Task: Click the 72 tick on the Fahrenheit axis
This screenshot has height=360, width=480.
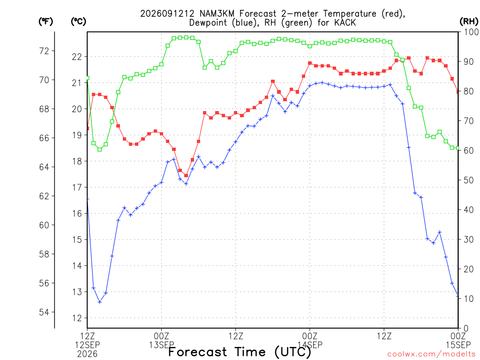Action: pyautogui.click(x=44, y=51)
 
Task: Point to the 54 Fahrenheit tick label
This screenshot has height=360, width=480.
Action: pyautogui.click(x=44, y=312)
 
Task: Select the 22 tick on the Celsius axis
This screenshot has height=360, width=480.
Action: pyautogui.click(x=77, y=57)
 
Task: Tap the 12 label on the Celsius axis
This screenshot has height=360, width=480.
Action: pyautogui.click(x=77, y=318)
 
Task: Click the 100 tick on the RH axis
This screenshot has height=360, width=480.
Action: pyautogui.click(x=471, y=32)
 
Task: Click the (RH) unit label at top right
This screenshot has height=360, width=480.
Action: pyautogui.click(x=469, y=21)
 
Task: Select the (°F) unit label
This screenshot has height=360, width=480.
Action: pyautogui.click(x=45, y=21)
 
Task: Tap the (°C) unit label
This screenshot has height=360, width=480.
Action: pyautogui.click(x=78, y=21)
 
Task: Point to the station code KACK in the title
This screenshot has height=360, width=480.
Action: pyautogui.click(x=345, y=22)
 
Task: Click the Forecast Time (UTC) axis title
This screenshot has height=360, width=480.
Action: pyautogui.click(x=240, y=352)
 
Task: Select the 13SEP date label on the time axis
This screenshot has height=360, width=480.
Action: pyautogui.click(x=162, y=345)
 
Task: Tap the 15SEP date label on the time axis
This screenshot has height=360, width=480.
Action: pyautogui.click(x=458, y=345)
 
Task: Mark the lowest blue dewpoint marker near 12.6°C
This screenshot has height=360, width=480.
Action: pyautogui.click(x=99, y=302)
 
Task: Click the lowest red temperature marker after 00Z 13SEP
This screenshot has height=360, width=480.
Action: pyautogui.click(x=186, y=175)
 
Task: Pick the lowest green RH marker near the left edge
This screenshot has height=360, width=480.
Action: pyautogui.click(x=99, y=150)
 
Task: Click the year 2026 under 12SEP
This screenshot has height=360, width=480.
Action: pyautogui.click(x=87, y=354)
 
